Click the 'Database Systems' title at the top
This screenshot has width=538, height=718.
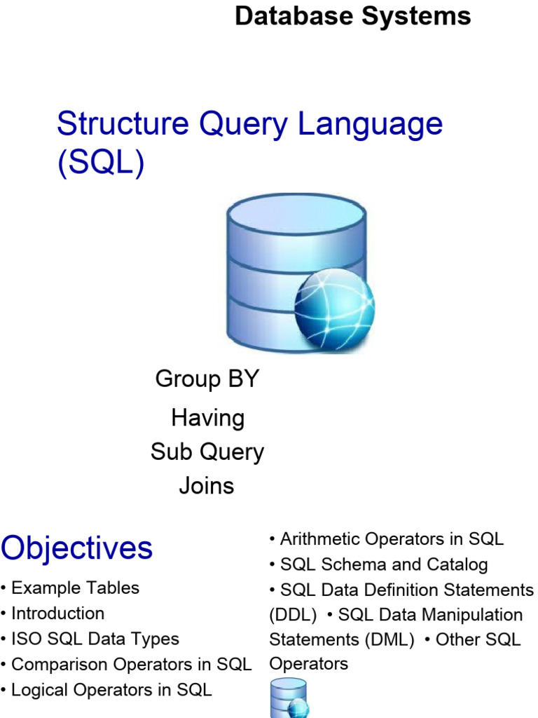coord(352,15)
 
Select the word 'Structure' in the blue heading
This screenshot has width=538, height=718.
coord(123,124)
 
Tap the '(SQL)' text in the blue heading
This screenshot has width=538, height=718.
coord(100,163)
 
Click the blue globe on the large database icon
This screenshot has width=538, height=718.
coord(334,309)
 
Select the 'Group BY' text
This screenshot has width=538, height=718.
coord(207,379)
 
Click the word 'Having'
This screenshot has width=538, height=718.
coord(207,418)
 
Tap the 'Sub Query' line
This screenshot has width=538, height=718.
coord(207,452)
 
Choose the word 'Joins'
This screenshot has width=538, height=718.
coord(206,485)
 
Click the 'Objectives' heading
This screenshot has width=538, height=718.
coord(76,548)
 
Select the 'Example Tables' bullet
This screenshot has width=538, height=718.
coord(75,588)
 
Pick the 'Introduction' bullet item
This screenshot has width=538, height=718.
coord(57,613)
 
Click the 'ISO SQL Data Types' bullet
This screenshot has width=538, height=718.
coord(95,639)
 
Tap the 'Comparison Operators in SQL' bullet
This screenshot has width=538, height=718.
coord(131,664)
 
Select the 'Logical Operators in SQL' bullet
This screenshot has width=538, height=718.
coord(111,689)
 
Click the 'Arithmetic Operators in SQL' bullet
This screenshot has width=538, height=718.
coord(391,538)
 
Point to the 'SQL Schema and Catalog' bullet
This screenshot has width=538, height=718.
coord(383,564)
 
